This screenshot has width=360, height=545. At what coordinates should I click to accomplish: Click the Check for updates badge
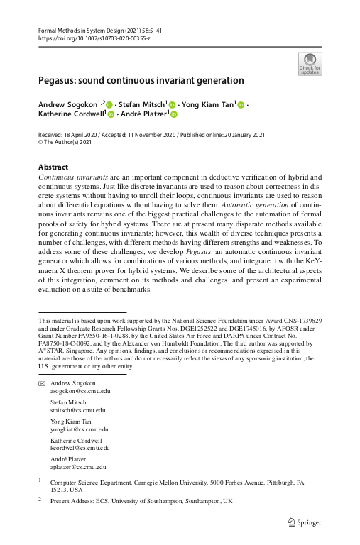[x=310, y=64]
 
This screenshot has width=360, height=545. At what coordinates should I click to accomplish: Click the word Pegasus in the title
[x=59, y=81]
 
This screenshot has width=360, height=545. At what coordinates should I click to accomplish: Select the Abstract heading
[x=53, y=167]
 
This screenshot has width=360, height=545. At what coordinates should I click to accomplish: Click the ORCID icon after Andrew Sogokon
[x=110, y=106]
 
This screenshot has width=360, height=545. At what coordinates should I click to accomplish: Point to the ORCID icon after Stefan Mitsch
[x=171, y=106]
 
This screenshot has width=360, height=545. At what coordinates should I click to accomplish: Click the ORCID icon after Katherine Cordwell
[x=111, y=114]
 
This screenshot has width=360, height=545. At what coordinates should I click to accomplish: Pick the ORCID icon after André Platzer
[x=173, y=114]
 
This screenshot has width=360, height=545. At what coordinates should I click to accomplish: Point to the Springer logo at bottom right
[x=305, y=522]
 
